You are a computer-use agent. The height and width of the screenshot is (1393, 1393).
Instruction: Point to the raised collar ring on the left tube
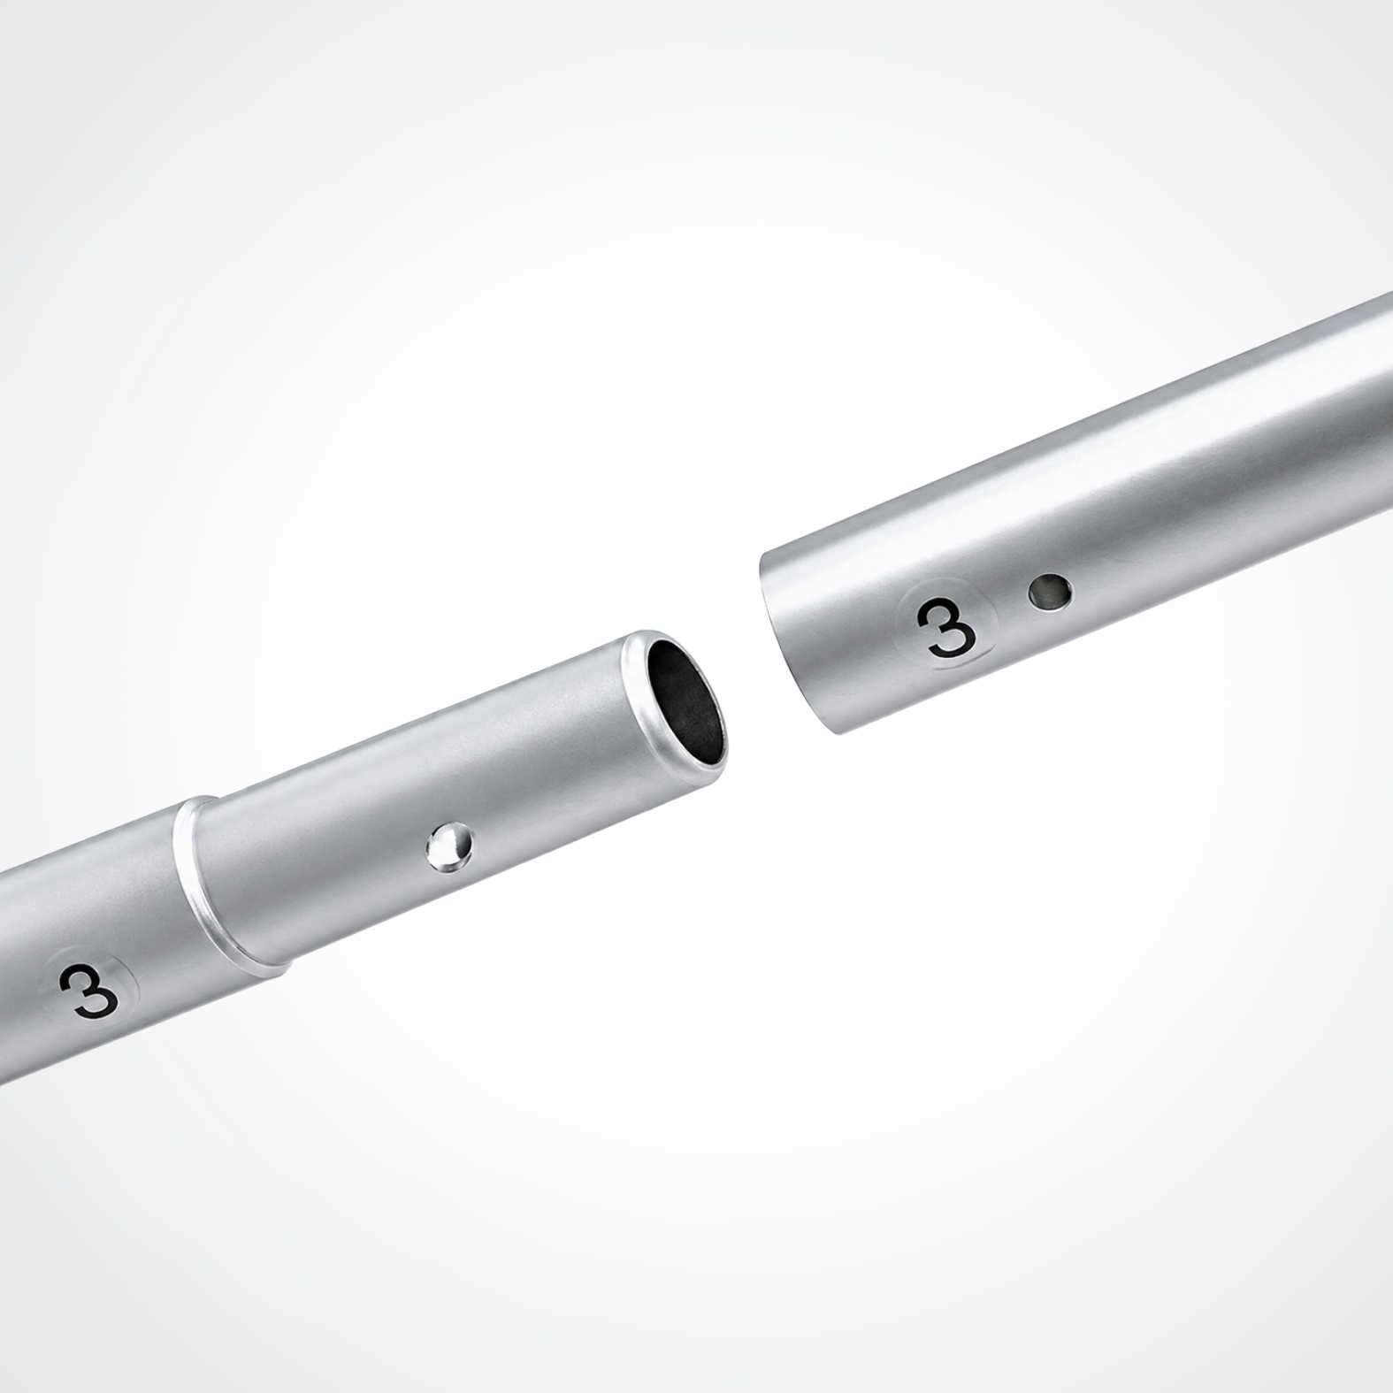coord(229,888)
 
